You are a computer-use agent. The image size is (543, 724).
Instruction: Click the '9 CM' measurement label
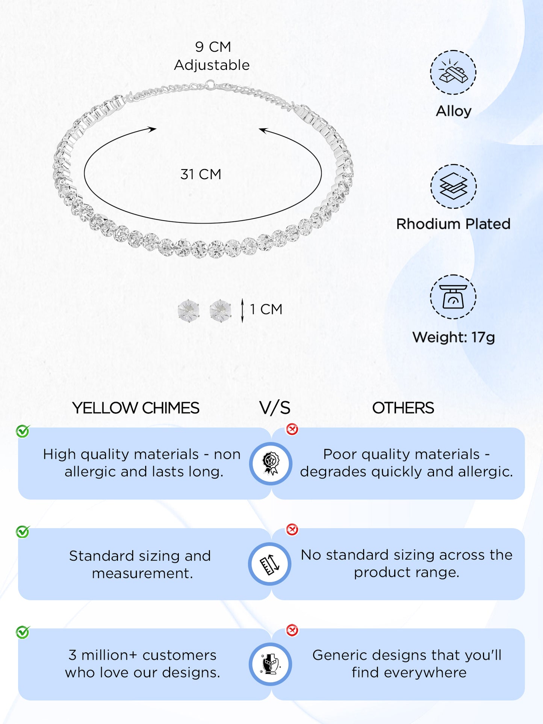tap(213, 47)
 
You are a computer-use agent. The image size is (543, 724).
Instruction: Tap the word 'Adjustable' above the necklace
tap(212, 65)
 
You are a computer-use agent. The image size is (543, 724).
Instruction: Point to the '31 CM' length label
tap(201, 174)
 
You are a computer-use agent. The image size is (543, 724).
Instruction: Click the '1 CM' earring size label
tap(266, 310)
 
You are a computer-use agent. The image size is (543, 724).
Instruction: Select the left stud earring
tap(188, 311)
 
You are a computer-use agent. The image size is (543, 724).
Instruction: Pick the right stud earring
tap(221, 311)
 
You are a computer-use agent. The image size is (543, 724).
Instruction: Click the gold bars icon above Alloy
tap(453, 72)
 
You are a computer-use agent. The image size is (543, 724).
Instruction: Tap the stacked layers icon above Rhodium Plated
tap(453, 186)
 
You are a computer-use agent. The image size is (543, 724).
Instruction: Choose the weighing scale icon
tap(453, 297)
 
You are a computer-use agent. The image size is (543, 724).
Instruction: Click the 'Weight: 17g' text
tap(454, 337)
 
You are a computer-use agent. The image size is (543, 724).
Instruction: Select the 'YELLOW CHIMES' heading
tap(136, 408)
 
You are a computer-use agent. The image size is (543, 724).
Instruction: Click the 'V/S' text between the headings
tap(275, 408)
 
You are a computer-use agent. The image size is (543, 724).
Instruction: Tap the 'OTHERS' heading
tap(403, 408)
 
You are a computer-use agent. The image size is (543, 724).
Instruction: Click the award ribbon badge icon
tap(271, 464)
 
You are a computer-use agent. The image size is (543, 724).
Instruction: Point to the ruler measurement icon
tap(270, 564)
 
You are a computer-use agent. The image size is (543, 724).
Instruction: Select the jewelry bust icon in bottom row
tap(271, 664)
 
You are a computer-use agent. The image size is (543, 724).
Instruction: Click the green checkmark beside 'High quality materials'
tap(23, 431)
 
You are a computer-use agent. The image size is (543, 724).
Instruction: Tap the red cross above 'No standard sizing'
tap(292, 529)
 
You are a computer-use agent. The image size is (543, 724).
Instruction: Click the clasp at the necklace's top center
tap(210, 84)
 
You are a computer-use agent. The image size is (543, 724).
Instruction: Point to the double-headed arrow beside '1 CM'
tap(242, 310)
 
